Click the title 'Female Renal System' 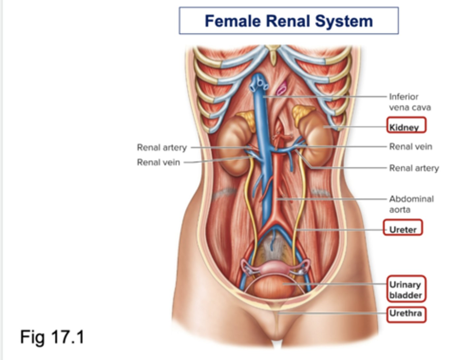pos(289,21)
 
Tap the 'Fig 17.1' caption pos(52,337)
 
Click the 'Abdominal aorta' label pos(411,204)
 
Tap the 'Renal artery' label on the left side pos(162,147)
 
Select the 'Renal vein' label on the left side pos(158,162)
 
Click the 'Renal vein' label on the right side pos(410,147)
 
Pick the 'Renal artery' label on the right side pos(414,168)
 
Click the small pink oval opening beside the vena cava pos(282,89)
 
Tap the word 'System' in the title pos(343,21)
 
